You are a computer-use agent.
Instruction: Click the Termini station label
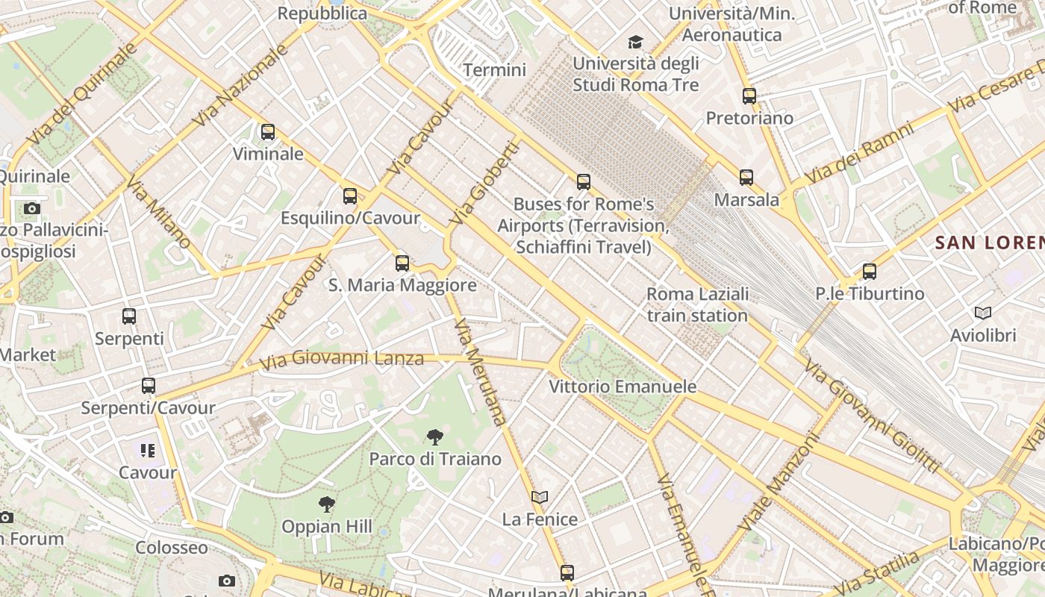point(494,70)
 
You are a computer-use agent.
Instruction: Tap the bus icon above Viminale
point(268,132)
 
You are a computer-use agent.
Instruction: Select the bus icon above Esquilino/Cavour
point(350,196)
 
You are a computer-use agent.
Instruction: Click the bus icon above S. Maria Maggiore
point(402,263)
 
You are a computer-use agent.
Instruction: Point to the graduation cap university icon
point(635,42)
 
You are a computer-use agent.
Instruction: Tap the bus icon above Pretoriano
point(749,96)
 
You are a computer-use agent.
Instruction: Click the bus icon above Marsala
point(746,178)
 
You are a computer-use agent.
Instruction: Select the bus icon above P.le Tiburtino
point(870,272)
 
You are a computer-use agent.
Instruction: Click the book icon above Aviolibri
point(983,313)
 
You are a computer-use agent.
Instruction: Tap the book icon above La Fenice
point(540,497)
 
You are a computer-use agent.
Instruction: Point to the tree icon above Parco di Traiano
point(435,437)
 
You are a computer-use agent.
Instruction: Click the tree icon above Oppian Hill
point(326,504)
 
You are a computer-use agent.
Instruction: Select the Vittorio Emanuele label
point(623,387)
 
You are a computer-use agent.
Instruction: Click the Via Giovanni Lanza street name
point(342,360)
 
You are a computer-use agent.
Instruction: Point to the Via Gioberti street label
point(484,184)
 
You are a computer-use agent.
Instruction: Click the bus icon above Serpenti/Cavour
point(149,386)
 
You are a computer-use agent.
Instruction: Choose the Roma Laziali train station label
point(697,304)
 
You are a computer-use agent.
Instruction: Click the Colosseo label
point(172,548)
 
